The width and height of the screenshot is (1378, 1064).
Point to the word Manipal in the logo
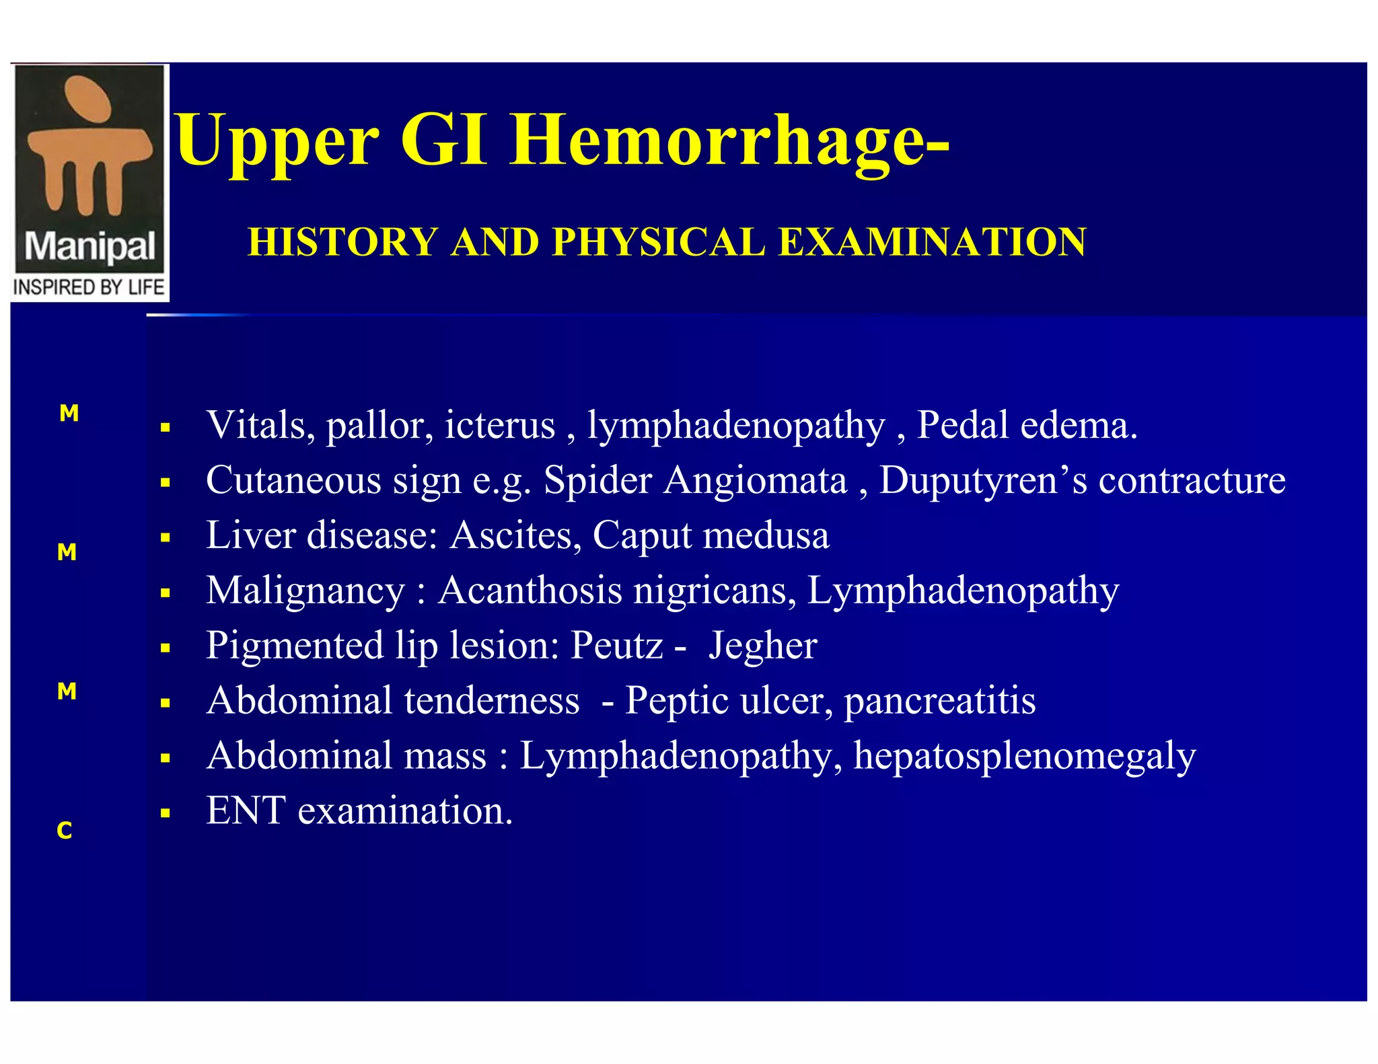[89, 248]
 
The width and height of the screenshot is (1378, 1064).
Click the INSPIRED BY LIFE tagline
[89, 287]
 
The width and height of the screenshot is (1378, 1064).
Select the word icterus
[500, 425]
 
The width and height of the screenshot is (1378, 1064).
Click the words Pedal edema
[1027, 425]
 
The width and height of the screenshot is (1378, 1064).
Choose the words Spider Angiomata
[695, 480]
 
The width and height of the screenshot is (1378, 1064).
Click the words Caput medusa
[711, 535]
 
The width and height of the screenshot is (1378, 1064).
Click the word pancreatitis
[939, 701]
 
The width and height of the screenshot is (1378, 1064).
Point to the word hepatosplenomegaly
[1024, 756]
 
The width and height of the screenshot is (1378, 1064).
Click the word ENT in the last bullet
[246, 810]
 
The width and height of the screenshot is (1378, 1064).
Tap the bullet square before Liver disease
[166, 537]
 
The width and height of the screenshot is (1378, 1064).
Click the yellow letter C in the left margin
[65, 831]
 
